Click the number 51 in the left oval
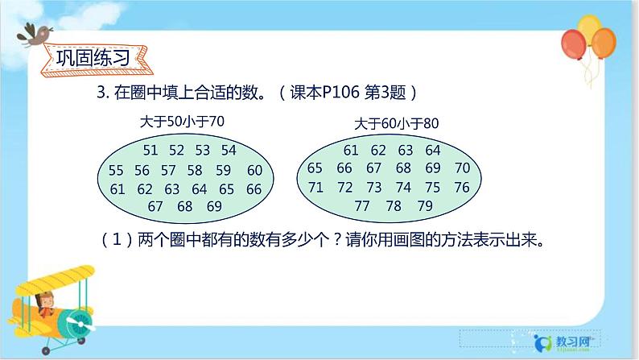click(150, 150)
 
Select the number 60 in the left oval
click(254, 170)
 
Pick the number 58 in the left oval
click(195, 170)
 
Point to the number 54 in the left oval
click(229, 150)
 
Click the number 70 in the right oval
click(462, 168)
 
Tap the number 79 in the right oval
click(425, 206)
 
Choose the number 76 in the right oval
click(462, 188)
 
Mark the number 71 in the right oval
click(315, 188)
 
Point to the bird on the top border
click(36, 34)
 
